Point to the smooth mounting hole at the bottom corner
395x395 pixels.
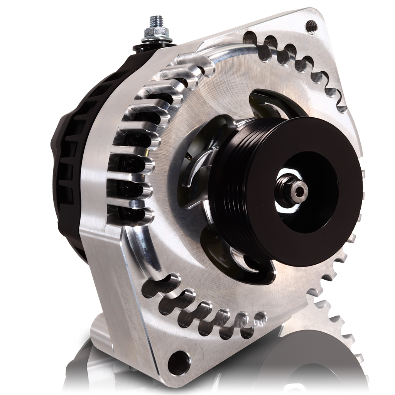tap(177, 361)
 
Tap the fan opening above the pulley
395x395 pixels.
tap(270, 102)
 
